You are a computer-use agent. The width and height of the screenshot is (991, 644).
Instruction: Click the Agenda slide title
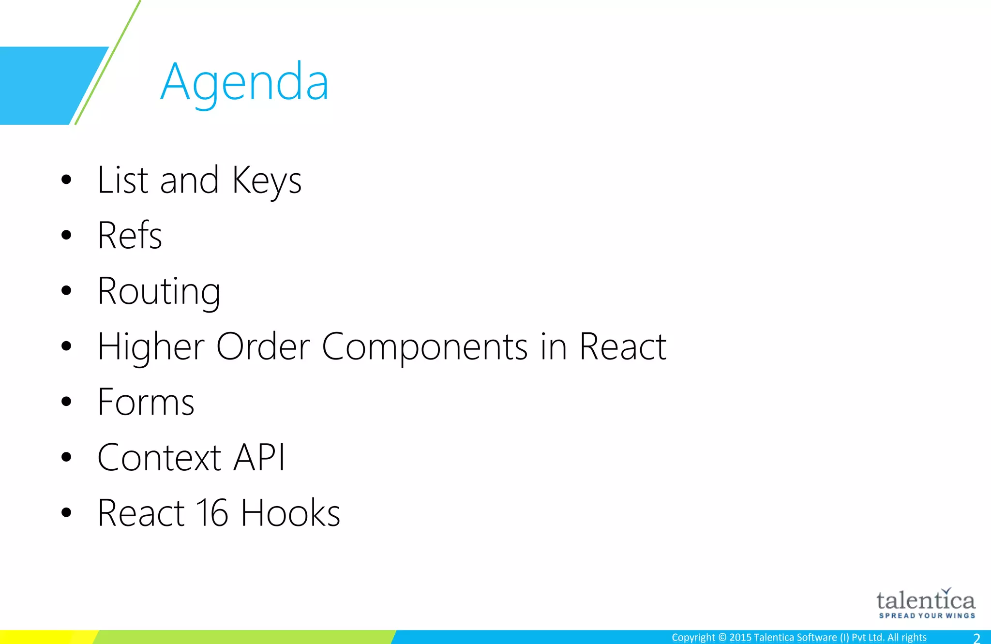(x=244, y=82)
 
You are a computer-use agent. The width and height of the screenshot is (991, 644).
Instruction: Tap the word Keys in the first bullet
(x=267, y=180)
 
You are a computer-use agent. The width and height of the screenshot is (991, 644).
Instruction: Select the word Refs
(x=130, y=236)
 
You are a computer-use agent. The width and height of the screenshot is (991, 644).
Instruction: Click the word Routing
(x=159, y=292)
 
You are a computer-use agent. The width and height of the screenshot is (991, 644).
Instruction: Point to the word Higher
(x=151, y=347)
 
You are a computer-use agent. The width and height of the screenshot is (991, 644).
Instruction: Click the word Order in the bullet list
(x=263, y=347)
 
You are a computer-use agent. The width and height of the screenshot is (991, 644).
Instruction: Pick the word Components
(x=424, y=347)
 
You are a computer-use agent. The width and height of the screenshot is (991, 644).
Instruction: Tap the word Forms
(x=146, y=403)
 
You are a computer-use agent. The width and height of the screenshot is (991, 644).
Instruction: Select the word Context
(x=159, y=458)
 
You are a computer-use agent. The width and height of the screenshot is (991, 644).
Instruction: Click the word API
(x=259, y=458)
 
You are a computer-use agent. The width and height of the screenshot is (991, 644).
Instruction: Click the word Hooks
(x=290, y=513)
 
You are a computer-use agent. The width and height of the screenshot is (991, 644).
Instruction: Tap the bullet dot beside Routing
(x=66, y=291)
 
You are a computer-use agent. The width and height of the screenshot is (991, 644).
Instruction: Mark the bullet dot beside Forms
(x=66, y=402)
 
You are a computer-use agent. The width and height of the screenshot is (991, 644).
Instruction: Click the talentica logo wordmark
(x=925, y=600)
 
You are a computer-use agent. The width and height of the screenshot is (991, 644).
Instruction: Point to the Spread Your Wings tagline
(x=927, y=616)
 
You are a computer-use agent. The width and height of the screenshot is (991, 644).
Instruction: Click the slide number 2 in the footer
(x=976, y=638)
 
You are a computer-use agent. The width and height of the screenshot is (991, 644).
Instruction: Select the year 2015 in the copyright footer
(x=740, y=638)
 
